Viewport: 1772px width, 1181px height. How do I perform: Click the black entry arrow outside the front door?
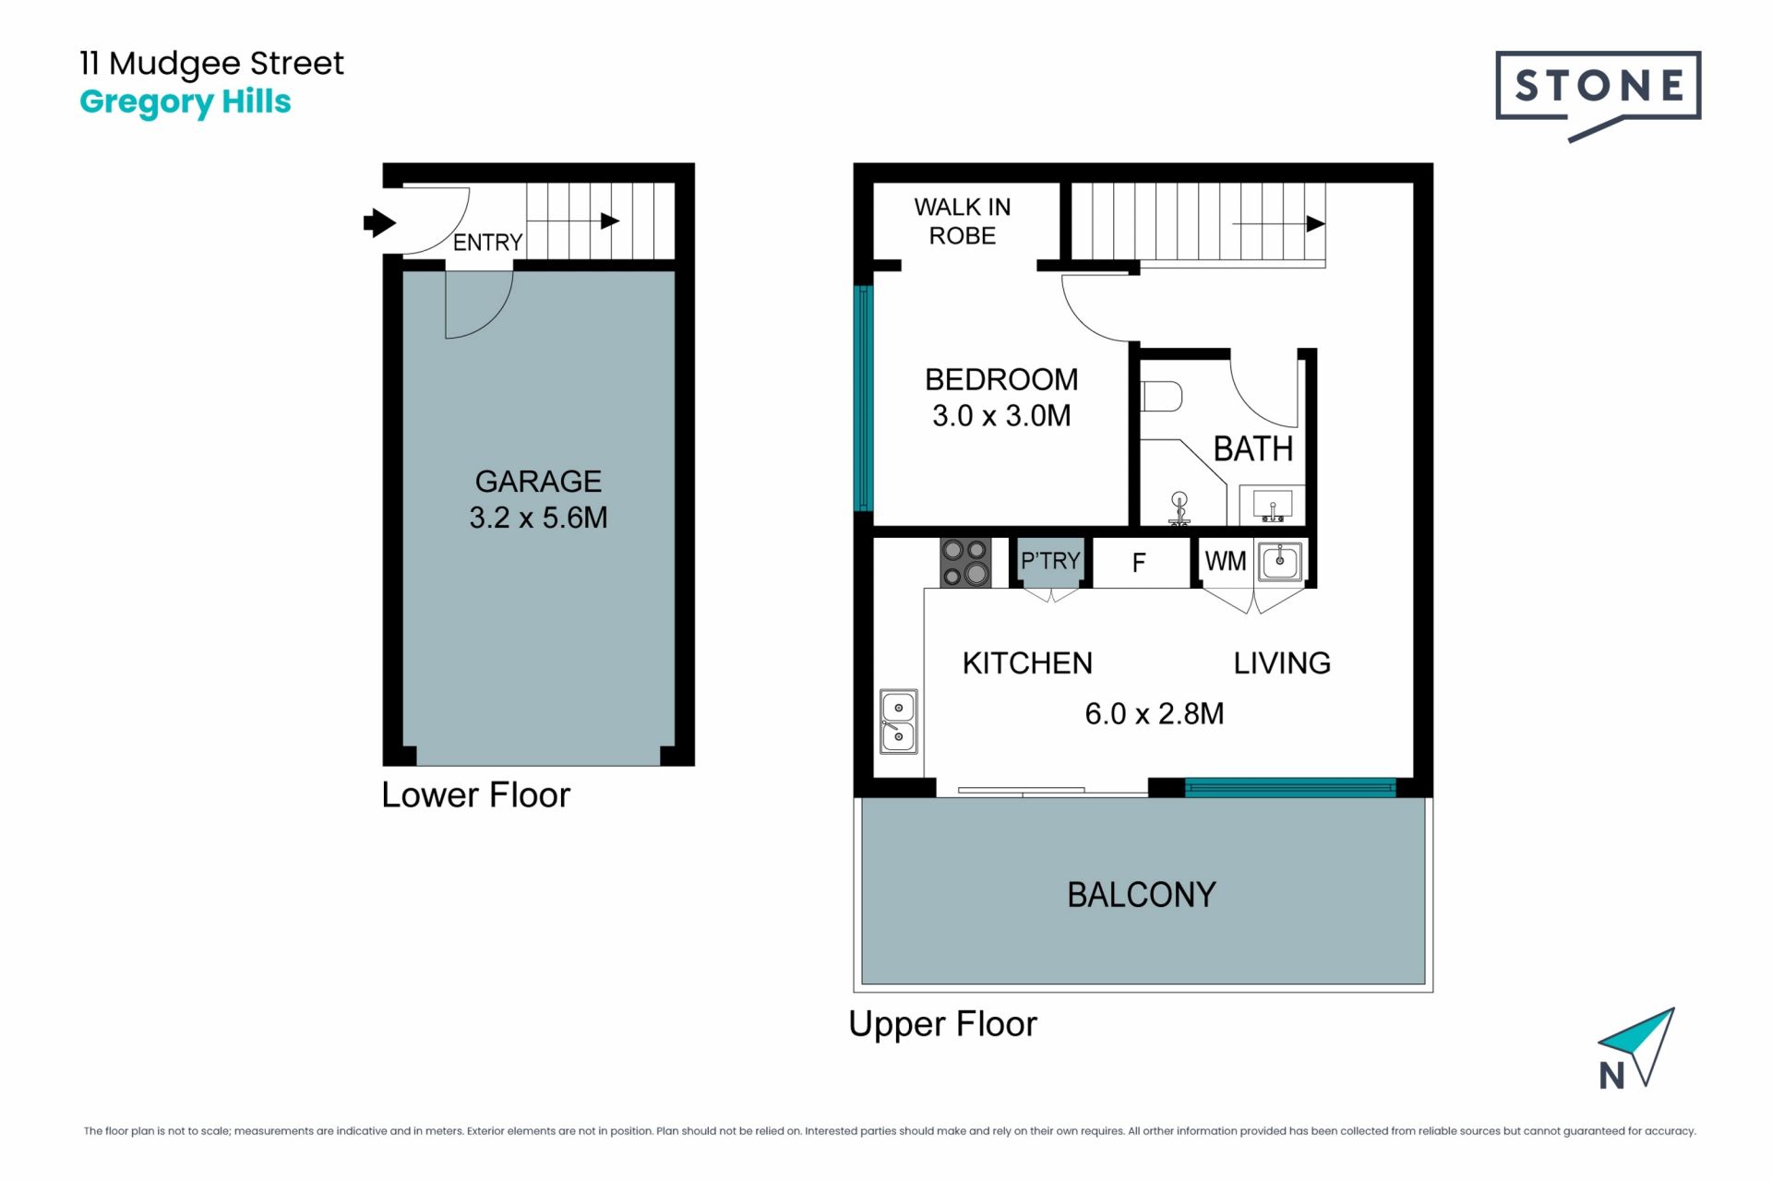coord(379,222)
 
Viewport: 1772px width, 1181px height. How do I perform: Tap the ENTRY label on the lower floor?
coord(487,243)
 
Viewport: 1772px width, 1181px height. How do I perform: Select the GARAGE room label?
coord(538,481)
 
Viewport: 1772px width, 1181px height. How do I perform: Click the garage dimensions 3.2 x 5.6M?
coord(538,518)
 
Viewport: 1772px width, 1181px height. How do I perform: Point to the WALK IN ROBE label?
coord(963,221)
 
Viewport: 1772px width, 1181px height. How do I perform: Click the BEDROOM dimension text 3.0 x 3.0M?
coord(1001,416)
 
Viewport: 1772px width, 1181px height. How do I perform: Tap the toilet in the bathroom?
coord(1162,397)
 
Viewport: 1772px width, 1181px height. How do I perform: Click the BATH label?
coord(1252,449)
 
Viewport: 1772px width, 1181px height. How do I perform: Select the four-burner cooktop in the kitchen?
coord(965,563)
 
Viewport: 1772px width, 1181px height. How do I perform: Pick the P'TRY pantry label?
coord(1050,560)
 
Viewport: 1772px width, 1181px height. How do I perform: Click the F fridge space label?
coord(1139,563)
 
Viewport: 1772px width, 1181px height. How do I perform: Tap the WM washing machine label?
coord(1226,561)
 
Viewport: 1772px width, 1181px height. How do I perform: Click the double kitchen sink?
coord(898,722)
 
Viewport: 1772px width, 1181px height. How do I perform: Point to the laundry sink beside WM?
coord(1280,561)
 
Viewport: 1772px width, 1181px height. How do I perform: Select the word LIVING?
coord(1282,663)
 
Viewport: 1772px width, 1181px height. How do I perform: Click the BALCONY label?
coord(1142,895)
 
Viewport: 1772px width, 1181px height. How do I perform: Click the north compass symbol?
coord(1636,1049)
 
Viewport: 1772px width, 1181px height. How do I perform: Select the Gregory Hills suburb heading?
coord(186,102)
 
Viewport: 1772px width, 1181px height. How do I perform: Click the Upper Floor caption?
coord(942,1025)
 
